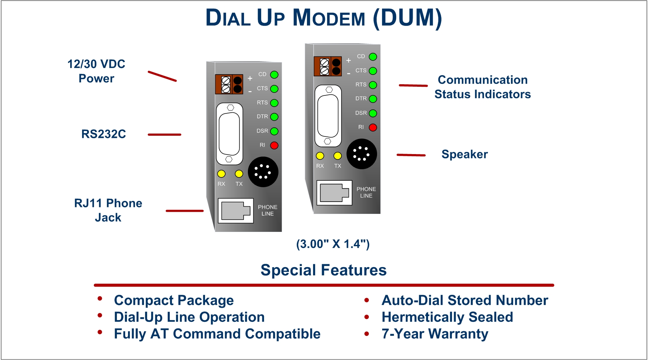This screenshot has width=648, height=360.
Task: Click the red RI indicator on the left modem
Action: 274,145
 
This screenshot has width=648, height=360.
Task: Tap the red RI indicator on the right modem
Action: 373,127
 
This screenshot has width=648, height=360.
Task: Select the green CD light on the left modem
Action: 274,75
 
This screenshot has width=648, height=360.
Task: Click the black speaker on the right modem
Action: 362,154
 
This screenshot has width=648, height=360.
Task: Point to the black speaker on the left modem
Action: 263,172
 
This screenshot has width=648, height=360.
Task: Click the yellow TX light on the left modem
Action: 239,174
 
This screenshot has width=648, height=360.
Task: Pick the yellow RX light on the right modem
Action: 320,156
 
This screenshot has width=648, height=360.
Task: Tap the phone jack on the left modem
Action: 236,211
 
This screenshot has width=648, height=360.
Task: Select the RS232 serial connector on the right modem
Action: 328,116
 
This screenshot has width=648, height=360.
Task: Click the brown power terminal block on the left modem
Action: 229,84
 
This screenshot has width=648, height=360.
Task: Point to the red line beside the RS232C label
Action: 164,135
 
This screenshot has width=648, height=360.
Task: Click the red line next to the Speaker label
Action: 411,155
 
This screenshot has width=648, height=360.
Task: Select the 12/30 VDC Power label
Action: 96,71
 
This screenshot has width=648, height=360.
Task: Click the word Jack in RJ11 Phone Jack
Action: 108,218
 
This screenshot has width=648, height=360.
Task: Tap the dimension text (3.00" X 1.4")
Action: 333,244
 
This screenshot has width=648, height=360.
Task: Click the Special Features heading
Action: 323,270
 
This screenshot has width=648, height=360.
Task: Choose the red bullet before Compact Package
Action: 100,299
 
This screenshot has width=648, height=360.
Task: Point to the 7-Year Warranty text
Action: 435,334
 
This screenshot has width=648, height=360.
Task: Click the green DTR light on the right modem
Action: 373,99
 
